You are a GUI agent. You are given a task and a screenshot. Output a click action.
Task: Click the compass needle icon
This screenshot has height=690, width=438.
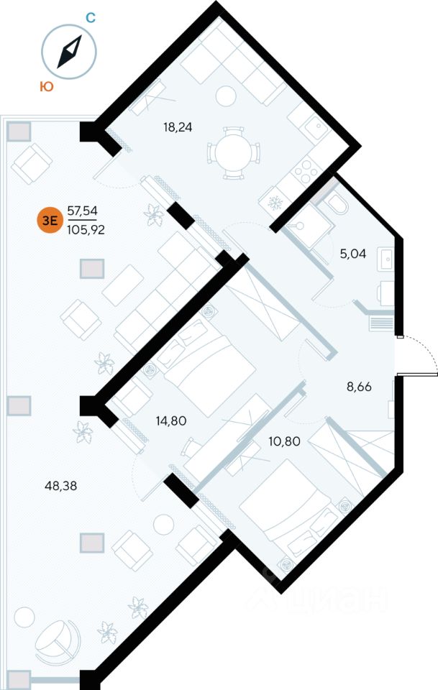click(x=69, y=51)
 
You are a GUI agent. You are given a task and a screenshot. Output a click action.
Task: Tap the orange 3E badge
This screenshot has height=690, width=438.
click(x=50, y=220)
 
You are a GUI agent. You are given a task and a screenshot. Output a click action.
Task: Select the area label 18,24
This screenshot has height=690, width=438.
click(x=178, y=127)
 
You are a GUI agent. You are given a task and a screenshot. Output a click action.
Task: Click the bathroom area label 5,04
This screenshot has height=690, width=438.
click(x=352, y=252)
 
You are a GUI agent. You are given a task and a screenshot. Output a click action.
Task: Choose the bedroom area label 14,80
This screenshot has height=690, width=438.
click(x=170, y=420)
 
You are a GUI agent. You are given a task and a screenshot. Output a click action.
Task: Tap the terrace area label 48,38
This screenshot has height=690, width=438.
click(x=60, y=485)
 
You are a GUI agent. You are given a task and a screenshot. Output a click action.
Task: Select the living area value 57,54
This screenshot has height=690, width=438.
click(x=82, y=210)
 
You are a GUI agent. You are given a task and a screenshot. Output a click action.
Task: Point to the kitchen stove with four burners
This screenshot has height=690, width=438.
click(x=304, y=170)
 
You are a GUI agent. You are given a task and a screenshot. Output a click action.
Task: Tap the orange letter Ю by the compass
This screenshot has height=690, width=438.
click(x=45, y=87)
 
